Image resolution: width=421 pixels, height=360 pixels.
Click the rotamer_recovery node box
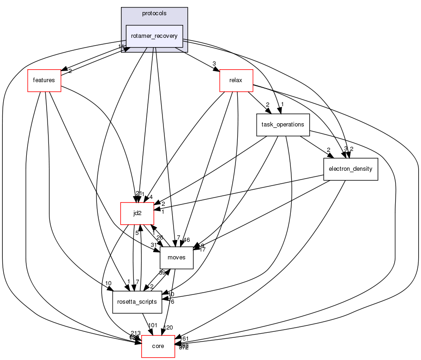(x=155, y=36)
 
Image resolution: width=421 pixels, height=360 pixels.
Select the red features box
(x=44, y=80)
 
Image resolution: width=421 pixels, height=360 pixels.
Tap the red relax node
(x=236, y=80)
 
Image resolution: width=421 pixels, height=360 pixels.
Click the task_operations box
(x=283, y=125)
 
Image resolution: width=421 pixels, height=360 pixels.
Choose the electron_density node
(x=350, y=169)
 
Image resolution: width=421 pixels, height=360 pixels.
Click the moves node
(x=176, y=258)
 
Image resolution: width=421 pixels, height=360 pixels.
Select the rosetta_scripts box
(x=137, y=302)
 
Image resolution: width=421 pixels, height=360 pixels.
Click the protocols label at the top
(x=154, y=13)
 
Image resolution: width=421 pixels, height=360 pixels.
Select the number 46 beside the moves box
(x=186, y=240)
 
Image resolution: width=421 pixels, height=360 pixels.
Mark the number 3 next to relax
(x=214, y=63)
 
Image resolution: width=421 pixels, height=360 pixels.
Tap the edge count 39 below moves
(x=162, y=273)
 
